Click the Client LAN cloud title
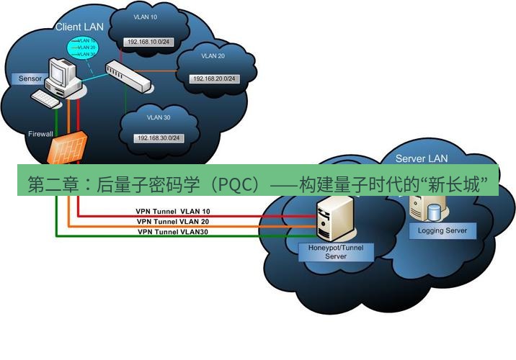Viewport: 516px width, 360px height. pyautogui.click(x=79, y=27)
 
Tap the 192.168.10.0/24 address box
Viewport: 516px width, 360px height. pyautogui.click(x=148, y=42)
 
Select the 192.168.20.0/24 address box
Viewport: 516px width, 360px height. pyautogui.click(x=213, y=78)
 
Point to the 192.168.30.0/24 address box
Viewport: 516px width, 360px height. pyautogui.click(x=157, y=138)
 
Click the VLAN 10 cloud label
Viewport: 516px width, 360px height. pyautogui.click(x=145, y=16)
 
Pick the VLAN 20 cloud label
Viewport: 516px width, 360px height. pyautogui.click(x=213, y=55)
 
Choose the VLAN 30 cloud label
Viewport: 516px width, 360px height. pyautogui.click(x=157, y=117)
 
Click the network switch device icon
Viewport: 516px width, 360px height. pyautogui.click(x=129, y=76)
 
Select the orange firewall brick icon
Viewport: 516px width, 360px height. pyautogui.click(x=68, y=148)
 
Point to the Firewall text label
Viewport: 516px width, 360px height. pyautogui.click(x=40, y=134)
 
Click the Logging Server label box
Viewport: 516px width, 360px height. pyautogui.click(x=442, y=230)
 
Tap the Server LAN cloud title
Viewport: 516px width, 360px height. pyautogui.click(x=422, y=158)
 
